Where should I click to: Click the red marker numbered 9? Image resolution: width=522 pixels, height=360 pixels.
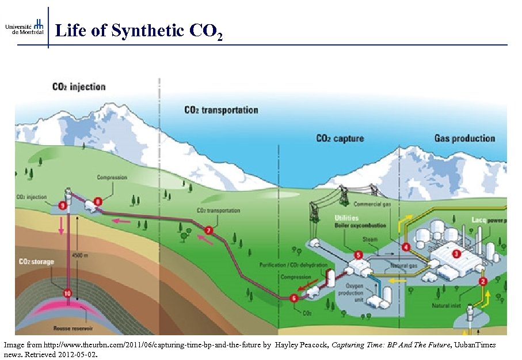coord(62,205)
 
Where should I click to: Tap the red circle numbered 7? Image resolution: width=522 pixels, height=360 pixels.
coord(208,231)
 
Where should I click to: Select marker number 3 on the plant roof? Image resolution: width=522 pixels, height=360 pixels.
coord(456,253)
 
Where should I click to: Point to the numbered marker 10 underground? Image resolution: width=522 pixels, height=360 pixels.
coord(67,293)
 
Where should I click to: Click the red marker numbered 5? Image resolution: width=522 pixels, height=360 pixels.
coord(359,255)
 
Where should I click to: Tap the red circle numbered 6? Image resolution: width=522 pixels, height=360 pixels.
coord(294,298)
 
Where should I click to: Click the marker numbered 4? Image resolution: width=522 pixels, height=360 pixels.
coord(406,247)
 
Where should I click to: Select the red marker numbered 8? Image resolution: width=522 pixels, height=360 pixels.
coord(98,201)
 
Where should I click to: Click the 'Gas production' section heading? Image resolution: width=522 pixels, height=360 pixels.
coord(464,138)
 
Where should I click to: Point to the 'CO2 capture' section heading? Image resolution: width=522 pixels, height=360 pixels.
coord(340,138)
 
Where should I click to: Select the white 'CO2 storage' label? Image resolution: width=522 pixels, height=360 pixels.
coord(36,262)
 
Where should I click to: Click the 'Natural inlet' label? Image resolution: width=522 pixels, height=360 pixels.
coord(449,306)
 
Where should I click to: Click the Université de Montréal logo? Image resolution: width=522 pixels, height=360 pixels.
coord(24,27)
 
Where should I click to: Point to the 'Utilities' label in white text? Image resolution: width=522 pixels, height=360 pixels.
coord(346,218)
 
